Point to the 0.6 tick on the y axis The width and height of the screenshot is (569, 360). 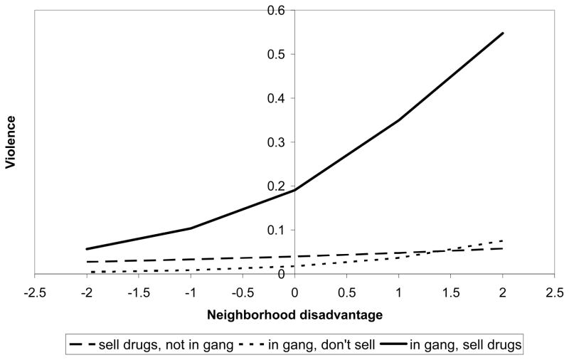pyautogui.click(x=275, y=10)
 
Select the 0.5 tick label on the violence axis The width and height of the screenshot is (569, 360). pyautogui.click(x=275, y=54)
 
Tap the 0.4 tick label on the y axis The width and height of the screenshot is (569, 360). pyautogui.click(x=275, y=98)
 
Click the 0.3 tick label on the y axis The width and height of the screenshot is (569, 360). pyautogui.click(x=275, y=142)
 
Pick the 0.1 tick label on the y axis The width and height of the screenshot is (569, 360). pyautogui.click(x=275, y=230)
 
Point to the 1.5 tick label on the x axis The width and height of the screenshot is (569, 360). pyautogui.click(x=450, y=291)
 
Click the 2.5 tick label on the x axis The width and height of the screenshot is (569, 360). pyautogui.click(x=555, y=291)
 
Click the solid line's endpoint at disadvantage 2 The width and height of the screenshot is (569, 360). pyautogui.click(x=503, y=33)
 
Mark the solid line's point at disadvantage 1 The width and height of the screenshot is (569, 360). pyautogui.click(x=398, y=120)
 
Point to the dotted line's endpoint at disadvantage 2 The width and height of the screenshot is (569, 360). pyautogui.click(x=503, y=240)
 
